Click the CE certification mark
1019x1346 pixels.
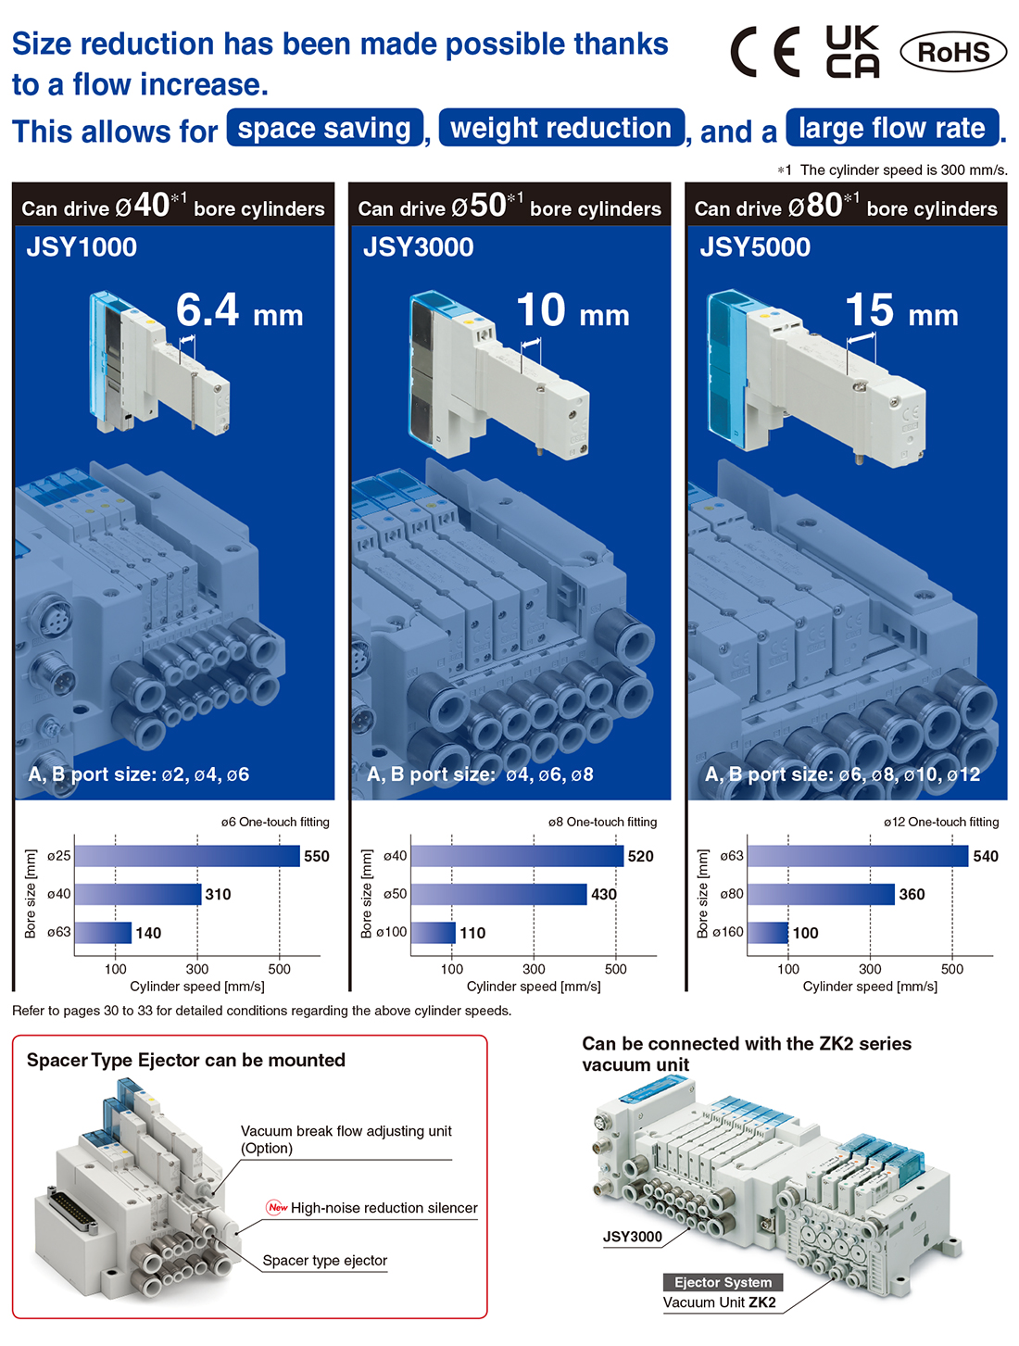[765, 52]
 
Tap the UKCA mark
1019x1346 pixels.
[852, 52]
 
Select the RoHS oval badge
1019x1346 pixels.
[953, 52]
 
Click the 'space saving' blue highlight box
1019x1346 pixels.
[324, 128]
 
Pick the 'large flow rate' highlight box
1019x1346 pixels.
[892, 128]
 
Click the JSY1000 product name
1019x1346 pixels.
[82, 247]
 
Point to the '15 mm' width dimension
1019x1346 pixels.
[901, 310]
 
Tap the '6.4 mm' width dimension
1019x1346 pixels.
[239, 310]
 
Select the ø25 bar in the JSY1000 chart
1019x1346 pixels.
[187, 856]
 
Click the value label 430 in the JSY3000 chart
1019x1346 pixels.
[604, 894]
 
